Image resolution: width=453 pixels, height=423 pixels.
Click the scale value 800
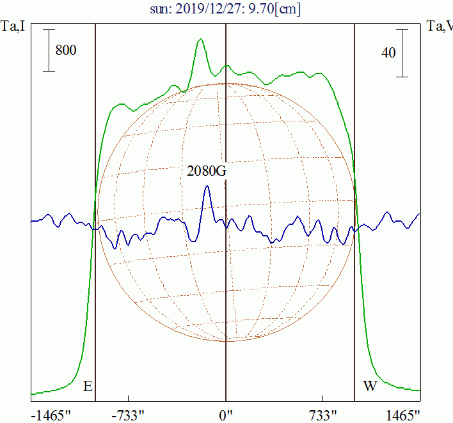tap(66, 50)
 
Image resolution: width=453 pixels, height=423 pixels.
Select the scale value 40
tap(388, 53)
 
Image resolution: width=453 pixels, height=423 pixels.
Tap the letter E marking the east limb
tap(88, 387)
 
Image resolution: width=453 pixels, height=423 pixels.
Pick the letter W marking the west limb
tap(370, 387)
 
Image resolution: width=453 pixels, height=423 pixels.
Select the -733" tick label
tap(129, 415)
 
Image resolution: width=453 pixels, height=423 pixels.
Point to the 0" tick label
tap(226, 415)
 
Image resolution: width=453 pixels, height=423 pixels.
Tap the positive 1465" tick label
tap(403, 415)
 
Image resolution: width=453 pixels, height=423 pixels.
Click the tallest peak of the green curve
tap(201, 39)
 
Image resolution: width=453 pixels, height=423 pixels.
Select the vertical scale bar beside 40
tap(402, 53)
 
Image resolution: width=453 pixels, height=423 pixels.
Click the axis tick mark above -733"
tap(129, 399)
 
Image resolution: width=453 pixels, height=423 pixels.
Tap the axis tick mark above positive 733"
tap(323, 399)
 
